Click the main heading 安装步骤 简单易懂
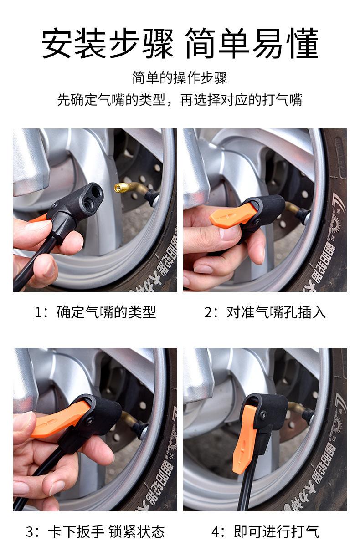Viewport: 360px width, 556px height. click(180, 43)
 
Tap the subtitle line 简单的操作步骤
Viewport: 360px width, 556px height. click(180, 78)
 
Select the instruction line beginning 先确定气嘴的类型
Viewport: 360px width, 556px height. click(180, 100)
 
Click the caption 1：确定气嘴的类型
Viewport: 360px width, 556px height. click(95, 312)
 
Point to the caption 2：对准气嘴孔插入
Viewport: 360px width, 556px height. click(265, 312)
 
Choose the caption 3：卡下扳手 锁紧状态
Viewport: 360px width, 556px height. click(95, 532)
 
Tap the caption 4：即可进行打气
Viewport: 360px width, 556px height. click(265, 532)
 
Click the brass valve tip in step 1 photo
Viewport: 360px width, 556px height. click(120, 187)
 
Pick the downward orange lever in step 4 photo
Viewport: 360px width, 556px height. click(245, 439)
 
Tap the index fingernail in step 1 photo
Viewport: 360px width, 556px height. click(38, 225)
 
